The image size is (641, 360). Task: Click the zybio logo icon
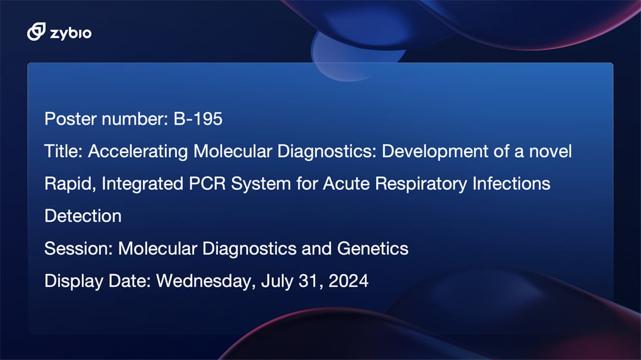click(x=36, y=31)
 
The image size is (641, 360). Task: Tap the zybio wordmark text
click(x=71, y=33)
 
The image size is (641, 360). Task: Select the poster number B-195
click(x=198, y=119)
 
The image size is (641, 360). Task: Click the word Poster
click(x=70, y=119)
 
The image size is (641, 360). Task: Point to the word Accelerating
click(x=138, y=152)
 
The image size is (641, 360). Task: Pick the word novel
click(x=550, y=152)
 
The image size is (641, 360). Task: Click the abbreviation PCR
click(x=207, y=183)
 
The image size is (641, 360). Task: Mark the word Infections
click(x=512, y=183)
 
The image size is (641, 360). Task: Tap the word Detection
click(x=83, y=216)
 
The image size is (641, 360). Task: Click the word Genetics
click(x=372, y=249)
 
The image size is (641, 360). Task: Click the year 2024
click(x=348, y=281)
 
